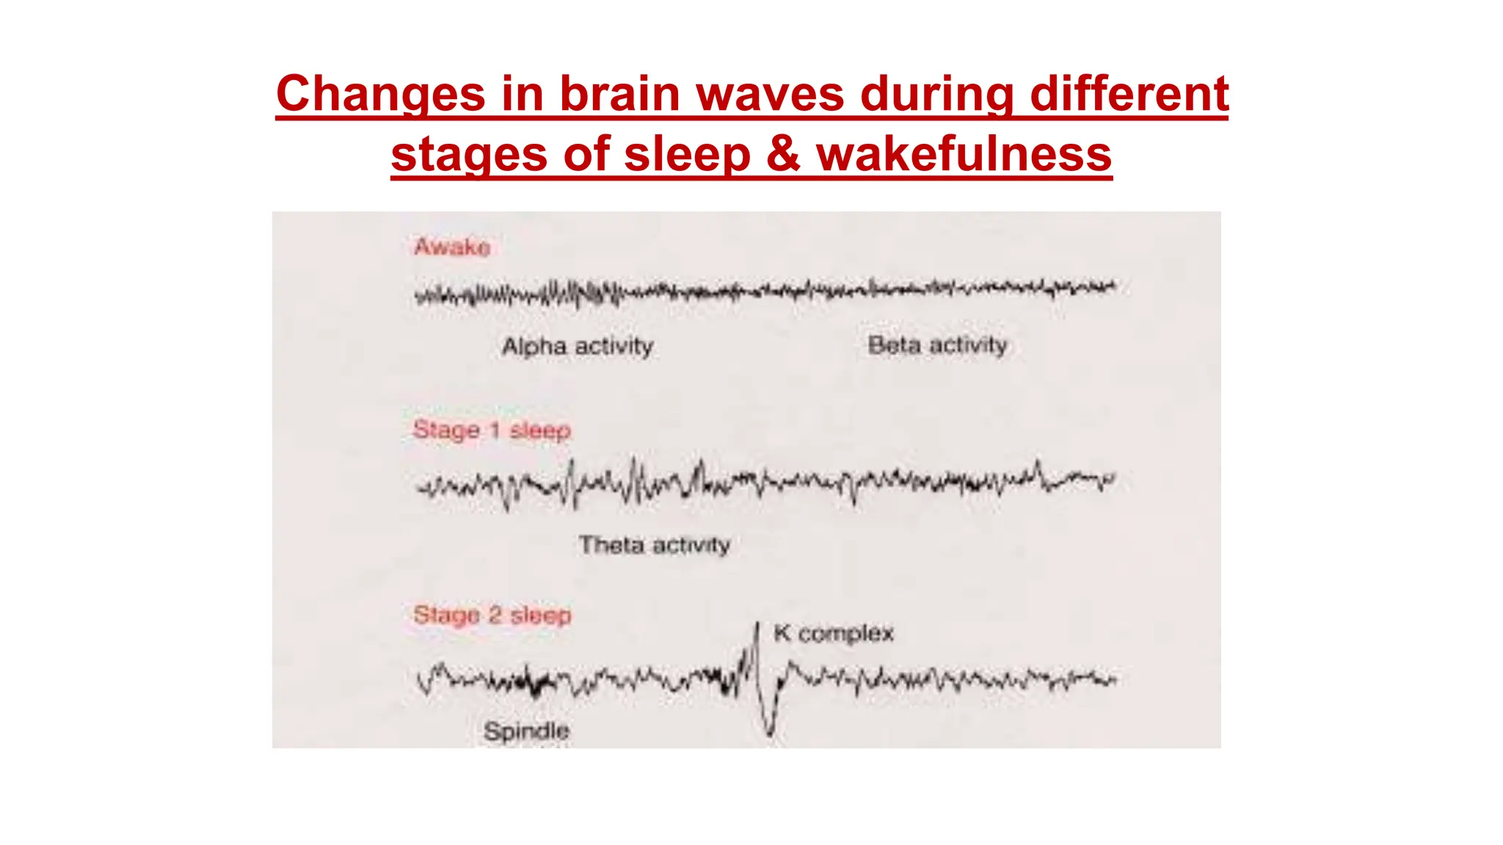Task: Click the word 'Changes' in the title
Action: pyautogui.click(x=380, y=94)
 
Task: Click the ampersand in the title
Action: pyautogui.click(x=783, y=154)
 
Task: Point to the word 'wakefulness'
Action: pyautogui.click(x=964, y=154)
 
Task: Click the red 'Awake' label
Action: pyautogui.click(x=452, y=247)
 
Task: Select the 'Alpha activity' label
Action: pyautogui.click(x=578, y=346)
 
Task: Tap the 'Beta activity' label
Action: pyautogui.click(x=937, y=345)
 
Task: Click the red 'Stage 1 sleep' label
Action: pyautogui.click(x=492, y=430)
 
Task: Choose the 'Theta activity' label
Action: pyautogui.click(x=654, y=545)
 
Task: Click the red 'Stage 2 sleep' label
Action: pyautogui.click(x=492, y=615)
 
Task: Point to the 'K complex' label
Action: pyautogui.click(x=834, y=633)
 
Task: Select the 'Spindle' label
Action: pyautogui.click(x=526, y=731)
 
